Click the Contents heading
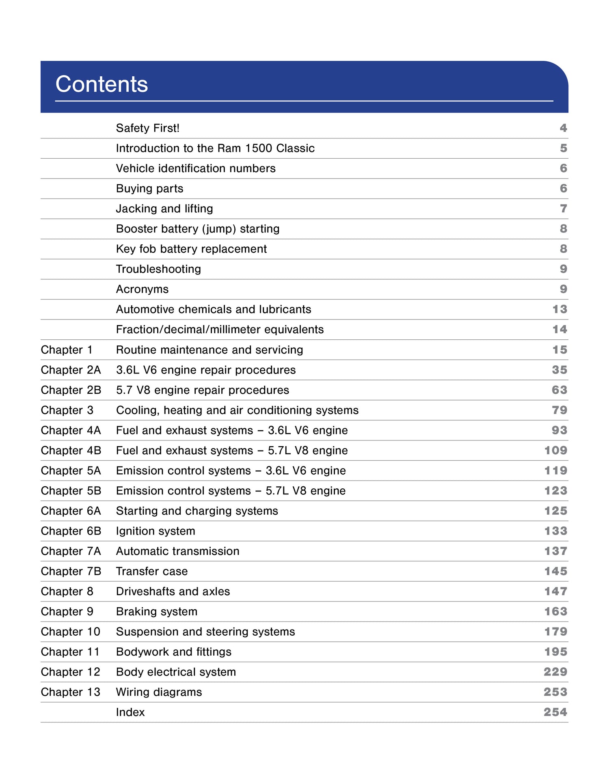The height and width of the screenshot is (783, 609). click(x=101, y=84)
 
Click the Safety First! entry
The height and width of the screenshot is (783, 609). click(x=148, y=128)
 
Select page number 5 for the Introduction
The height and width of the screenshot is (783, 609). click(x=563, y=148)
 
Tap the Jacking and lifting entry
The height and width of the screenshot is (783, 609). click(x=164, y=209)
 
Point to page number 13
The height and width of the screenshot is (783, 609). click(x=559, y=309)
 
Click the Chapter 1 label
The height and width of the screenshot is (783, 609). click(x=67, y=349)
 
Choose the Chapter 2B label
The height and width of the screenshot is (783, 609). click(x=71, y=390)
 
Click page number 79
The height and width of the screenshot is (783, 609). click(x=559, y=410)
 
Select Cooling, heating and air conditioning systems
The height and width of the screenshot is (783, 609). click(x=237, y=410)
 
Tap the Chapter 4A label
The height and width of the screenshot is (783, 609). click(x=71, y=430)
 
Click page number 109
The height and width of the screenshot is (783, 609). click(x=555, y=451)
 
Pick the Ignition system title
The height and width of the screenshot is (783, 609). click(x=155, y=531)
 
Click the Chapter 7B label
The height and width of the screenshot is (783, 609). click(x=71, y=571)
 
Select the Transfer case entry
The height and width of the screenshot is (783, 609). click(x=152, y=571)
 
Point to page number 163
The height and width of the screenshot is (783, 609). click(x=555, y=611)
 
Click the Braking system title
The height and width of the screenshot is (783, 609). click(x=157, y=611)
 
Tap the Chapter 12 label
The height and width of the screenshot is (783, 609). click(x=71, y=672)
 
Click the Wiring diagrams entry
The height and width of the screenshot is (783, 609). click(x=159, y=692)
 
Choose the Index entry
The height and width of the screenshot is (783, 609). click(x=130, y=712)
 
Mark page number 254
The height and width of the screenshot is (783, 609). click(x=555, y=712)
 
